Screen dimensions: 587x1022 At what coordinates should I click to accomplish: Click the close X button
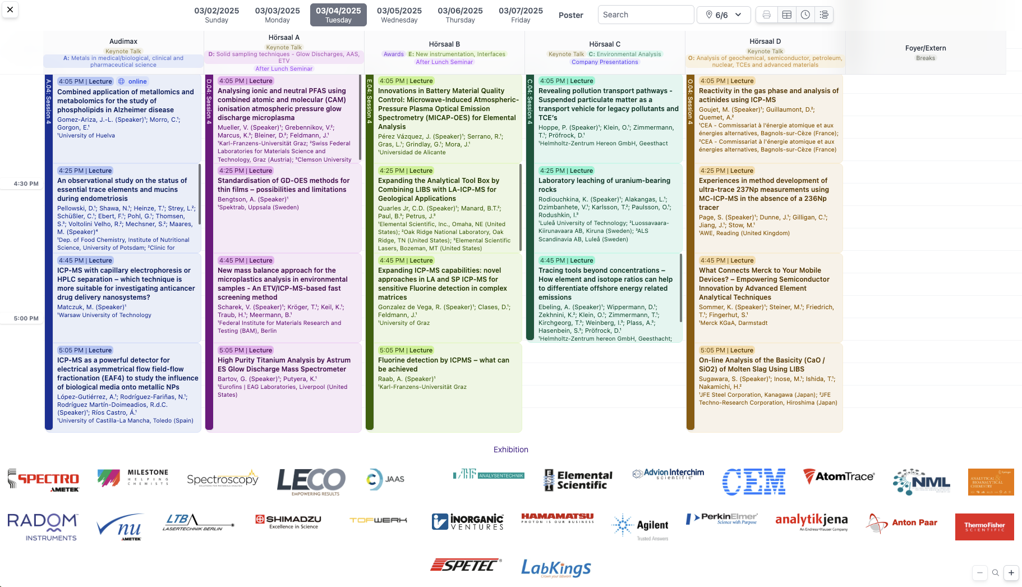click(x=10, y=10)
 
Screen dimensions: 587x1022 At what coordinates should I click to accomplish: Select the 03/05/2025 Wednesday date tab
click(x=399, y=15)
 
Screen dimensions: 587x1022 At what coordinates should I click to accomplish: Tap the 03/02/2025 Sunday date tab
click(x=217, y=15)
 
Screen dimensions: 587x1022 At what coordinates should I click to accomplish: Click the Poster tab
click(x=570, y=15)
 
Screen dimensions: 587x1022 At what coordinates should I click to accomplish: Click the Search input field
click(x=645, y=15)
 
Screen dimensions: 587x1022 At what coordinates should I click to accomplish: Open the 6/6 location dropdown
click(x=724, y=15)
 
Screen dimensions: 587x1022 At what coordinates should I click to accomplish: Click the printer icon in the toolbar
click(x=766, y=15)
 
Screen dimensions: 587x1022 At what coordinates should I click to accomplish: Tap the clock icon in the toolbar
click(x=805, y=15)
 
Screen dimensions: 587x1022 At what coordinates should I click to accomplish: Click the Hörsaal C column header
click(x=605, y=44)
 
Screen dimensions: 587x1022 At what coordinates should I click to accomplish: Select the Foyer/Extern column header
click(x=925, y=48)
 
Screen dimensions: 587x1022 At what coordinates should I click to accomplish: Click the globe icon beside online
click(x=121, y=81)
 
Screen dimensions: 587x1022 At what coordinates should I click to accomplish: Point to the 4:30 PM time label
click(x=26, y=184)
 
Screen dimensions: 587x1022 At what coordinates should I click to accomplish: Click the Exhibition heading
click(x=510, y=450)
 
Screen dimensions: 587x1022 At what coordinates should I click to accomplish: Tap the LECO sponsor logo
click(x=311, y=481)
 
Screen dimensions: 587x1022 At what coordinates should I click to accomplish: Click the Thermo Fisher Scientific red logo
click(x=984, y=526)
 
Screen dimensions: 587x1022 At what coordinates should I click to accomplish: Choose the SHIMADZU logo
click(x=288, y=521)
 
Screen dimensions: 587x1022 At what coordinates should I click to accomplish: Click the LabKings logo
click(x=556, y=568)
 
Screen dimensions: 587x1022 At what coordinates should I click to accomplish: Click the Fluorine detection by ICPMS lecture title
click(x=443, y=364)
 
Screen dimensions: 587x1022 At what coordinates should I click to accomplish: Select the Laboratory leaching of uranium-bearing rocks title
click(x=604, y=185)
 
